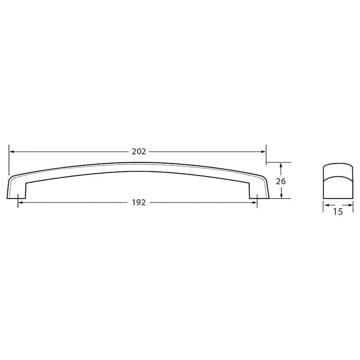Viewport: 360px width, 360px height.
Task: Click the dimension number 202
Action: click(138, 152)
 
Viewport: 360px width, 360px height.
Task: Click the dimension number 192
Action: click(138, 202)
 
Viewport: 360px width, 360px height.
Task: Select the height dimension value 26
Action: click(281, 181)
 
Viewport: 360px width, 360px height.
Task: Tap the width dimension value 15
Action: click(338, 212)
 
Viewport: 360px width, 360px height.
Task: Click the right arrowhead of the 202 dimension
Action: click(264, 152)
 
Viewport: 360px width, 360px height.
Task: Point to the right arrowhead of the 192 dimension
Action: click(254, 202)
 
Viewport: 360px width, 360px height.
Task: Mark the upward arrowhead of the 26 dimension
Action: click(282, 165)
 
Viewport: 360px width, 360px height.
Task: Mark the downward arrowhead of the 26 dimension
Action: click(282, 196)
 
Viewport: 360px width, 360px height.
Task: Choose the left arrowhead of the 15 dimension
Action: click(325, 206)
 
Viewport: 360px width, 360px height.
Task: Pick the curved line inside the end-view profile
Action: click(338, 176)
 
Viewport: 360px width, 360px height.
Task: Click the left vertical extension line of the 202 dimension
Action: click(8, 160)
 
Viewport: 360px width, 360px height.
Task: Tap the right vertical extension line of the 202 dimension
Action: click(266, 154)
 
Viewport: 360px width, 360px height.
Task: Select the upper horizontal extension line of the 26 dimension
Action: click(278, 162)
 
